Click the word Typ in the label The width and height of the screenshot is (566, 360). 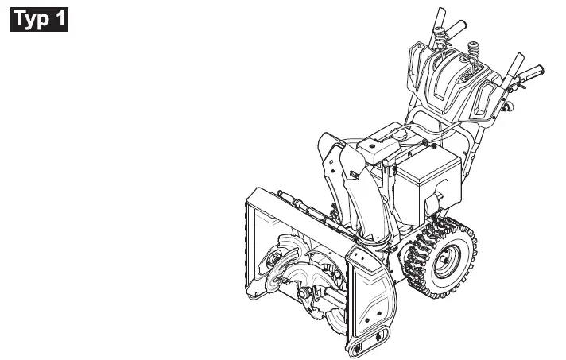pyautogui.click(x=32, y=19)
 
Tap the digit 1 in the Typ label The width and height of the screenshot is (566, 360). pyautogui.click(x=60, y=19)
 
